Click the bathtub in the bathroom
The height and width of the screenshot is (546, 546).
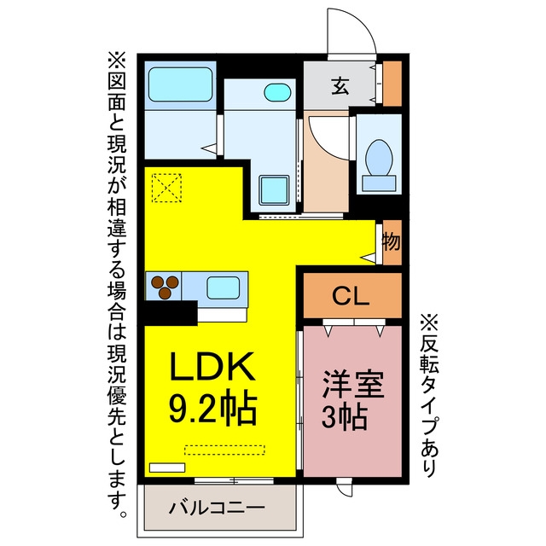[180, 84]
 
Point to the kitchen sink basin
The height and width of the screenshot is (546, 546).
[224, 288]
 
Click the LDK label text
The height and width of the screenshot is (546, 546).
[212, 366]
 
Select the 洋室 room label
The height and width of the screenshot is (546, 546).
[353, 384]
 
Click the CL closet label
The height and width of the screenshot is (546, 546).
[351, 296]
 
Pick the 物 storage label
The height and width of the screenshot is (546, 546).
[392, 241]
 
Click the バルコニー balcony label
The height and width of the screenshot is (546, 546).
[217, 508]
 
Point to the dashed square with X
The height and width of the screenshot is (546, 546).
[167, 188]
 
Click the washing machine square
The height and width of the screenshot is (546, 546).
[274, 190]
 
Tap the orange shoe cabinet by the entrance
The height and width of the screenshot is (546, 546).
[392, 84]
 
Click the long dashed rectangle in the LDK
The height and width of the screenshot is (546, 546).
[224, 450]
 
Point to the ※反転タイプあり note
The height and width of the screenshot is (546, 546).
[429, 396]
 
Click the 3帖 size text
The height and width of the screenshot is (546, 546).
[344, 417]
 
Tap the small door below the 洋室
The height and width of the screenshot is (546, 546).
[345, 486]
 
